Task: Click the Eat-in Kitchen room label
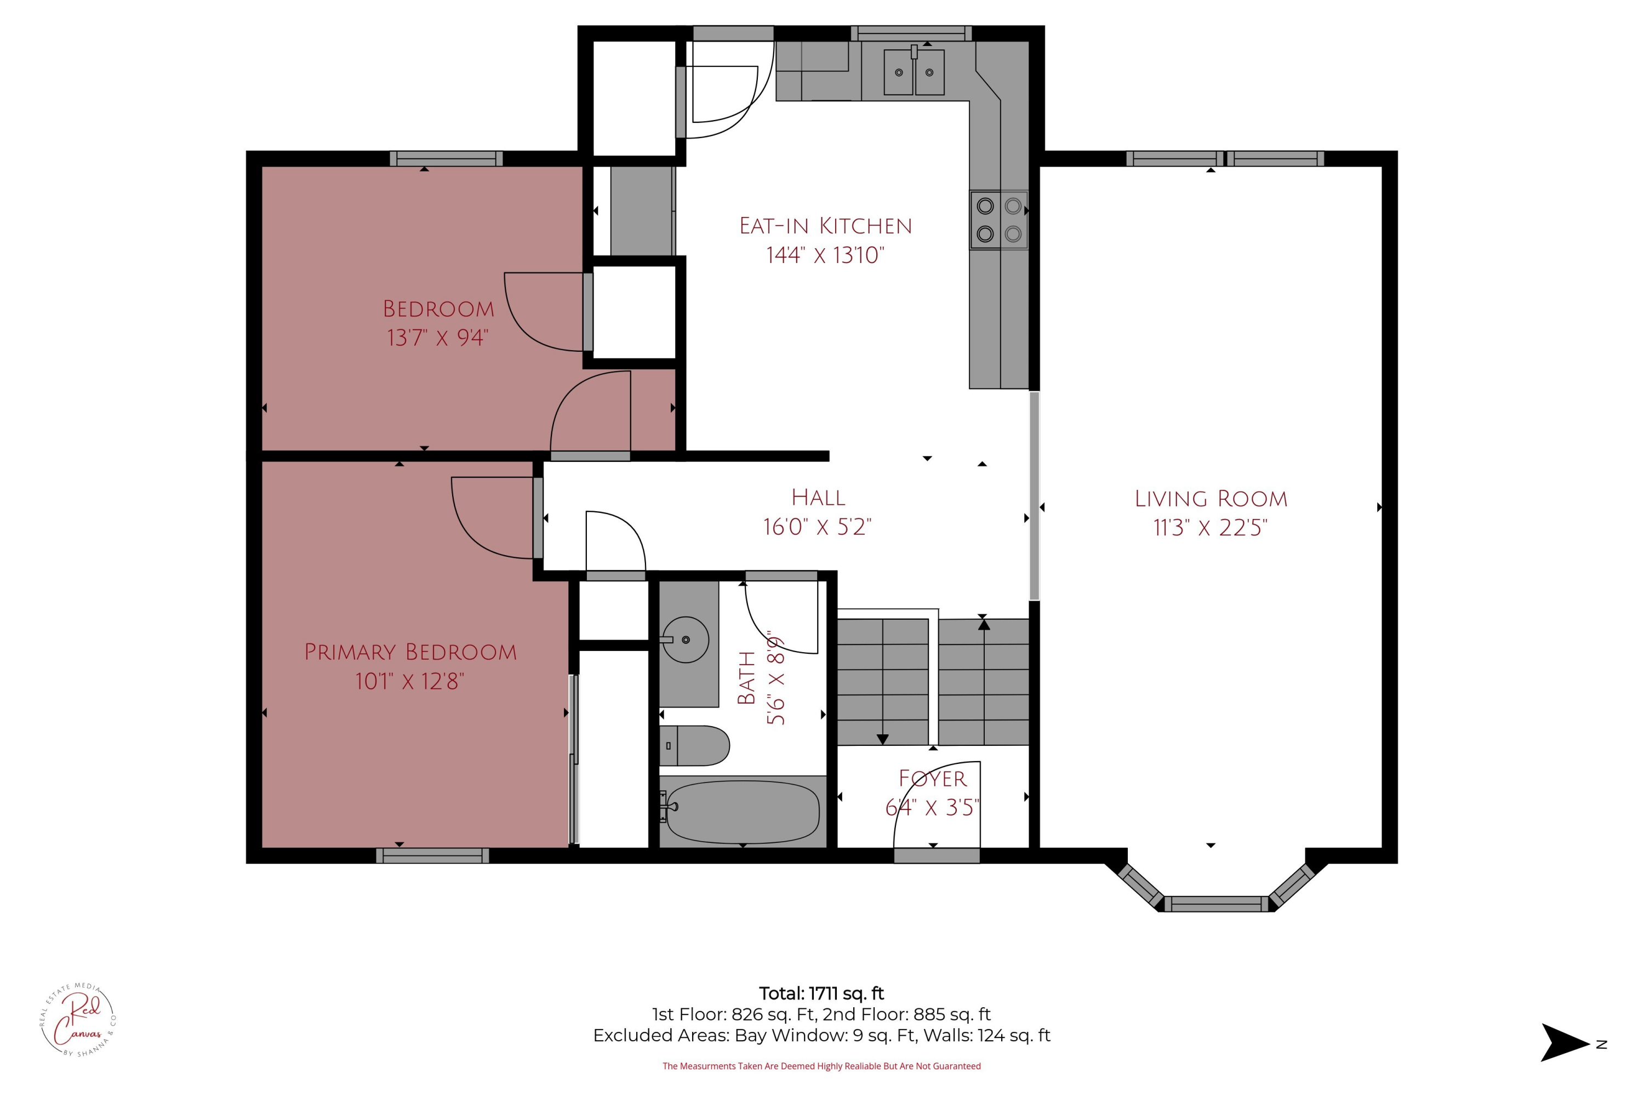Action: pyautogui.click(x=825, y=226)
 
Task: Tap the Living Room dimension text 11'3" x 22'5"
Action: pyautogui.click(x=1210, y=527)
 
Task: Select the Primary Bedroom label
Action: pyautogui.click(x=410, y=652)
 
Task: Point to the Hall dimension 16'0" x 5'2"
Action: pyautogui.click(x=817, y=526)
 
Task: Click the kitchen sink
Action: pyautogui.click(x=914, y=71)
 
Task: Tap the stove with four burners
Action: pyautogui.click(x=999, y=220)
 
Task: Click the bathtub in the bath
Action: pyautogui.click(x=743, y=812)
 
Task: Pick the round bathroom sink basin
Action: pyautogui.click(x=686, y=639)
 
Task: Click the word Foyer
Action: pyautogui.click(x=933, y=779)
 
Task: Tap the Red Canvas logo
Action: pyautogui.click(x=78, y=1020)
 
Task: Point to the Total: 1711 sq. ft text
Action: pyautogui.click(x=821, y=993)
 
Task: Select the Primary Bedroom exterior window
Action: pyautogui.click(x=433, y=855)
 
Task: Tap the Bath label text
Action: pyautogui.click(x=746, y=678)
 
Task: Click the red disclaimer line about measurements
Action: pyautogui.click(x=821, y=1066)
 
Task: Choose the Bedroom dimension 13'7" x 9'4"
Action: pyautogui.click(x=437, y=338)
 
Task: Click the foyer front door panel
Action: pyautogui.click(x=937, y=855)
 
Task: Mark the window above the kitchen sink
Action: pyautogui.click(x=911, y=33)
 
